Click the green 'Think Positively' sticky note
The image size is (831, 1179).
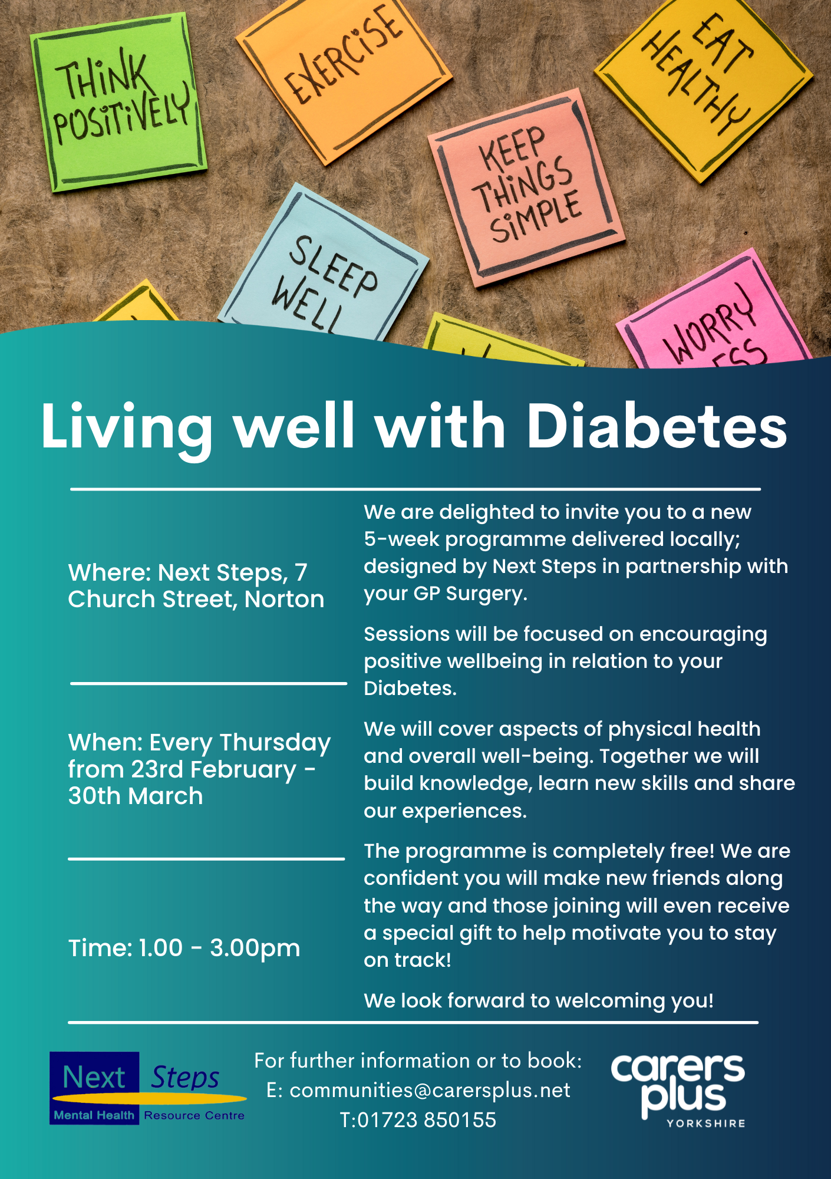pos(118,101)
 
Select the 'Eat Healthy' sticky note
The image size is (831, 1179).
pos(704,83)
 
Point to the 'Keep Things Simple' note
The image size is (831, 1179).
pos(526,187)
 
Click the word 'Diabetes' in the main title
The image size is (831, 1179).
pos(657,426)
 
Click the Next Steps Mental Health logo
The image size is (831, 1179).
pos(148,1088)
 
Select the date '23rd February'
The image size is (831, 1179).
pos(214,770)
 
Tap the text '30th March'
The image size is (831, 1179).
pos(136,796)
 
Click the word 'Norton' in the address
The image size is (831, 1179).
pos(285,599)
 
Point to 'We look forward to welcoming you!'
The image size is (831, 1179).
pos(539,1001)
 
